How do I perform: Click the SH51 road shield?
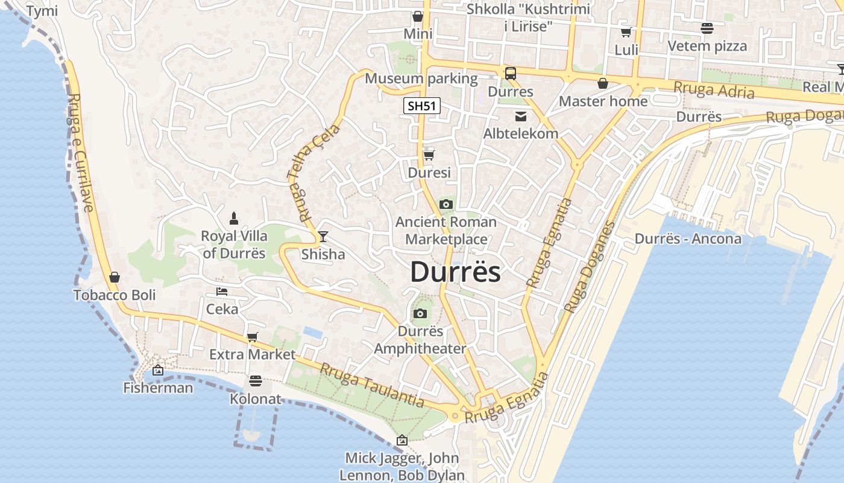[x=422, y=106]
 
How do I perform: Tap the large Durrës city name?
[x=455, y=272]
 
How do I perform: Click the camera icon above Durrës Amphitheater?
[x=420, y=313]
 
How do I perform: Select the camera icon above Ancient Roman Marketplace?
[x=446, y=204]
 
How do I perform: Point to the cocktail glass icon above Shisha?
[x=323, y=236]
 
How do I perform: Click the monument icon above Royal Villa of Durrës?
[x=234, y=217]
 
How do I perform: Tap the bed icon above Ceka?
[x=222, y=292]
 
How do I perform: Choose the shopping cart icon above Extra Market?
[x=252, y=337]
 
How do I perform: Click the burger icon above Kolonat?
[x=256, y=381]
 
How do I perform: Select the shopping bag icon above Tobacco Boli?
[x=115, y=277]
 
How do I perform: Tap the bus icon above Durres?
[x=511, y=74]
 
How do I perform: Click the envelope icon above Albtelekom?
[x=520, y=116]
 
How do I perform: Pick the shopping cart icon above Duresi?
[x=429, y=155]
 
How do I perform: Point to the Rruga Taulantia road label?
[x=371, y=385]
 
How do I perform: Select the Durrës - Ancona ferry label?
[x=688, y=238]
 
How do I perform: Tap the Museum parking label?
[x=421, y=78]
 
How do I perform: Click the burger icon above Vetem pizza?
[x=707, y=28]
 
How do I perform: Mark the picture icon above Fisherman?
[x=158, y=370]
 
